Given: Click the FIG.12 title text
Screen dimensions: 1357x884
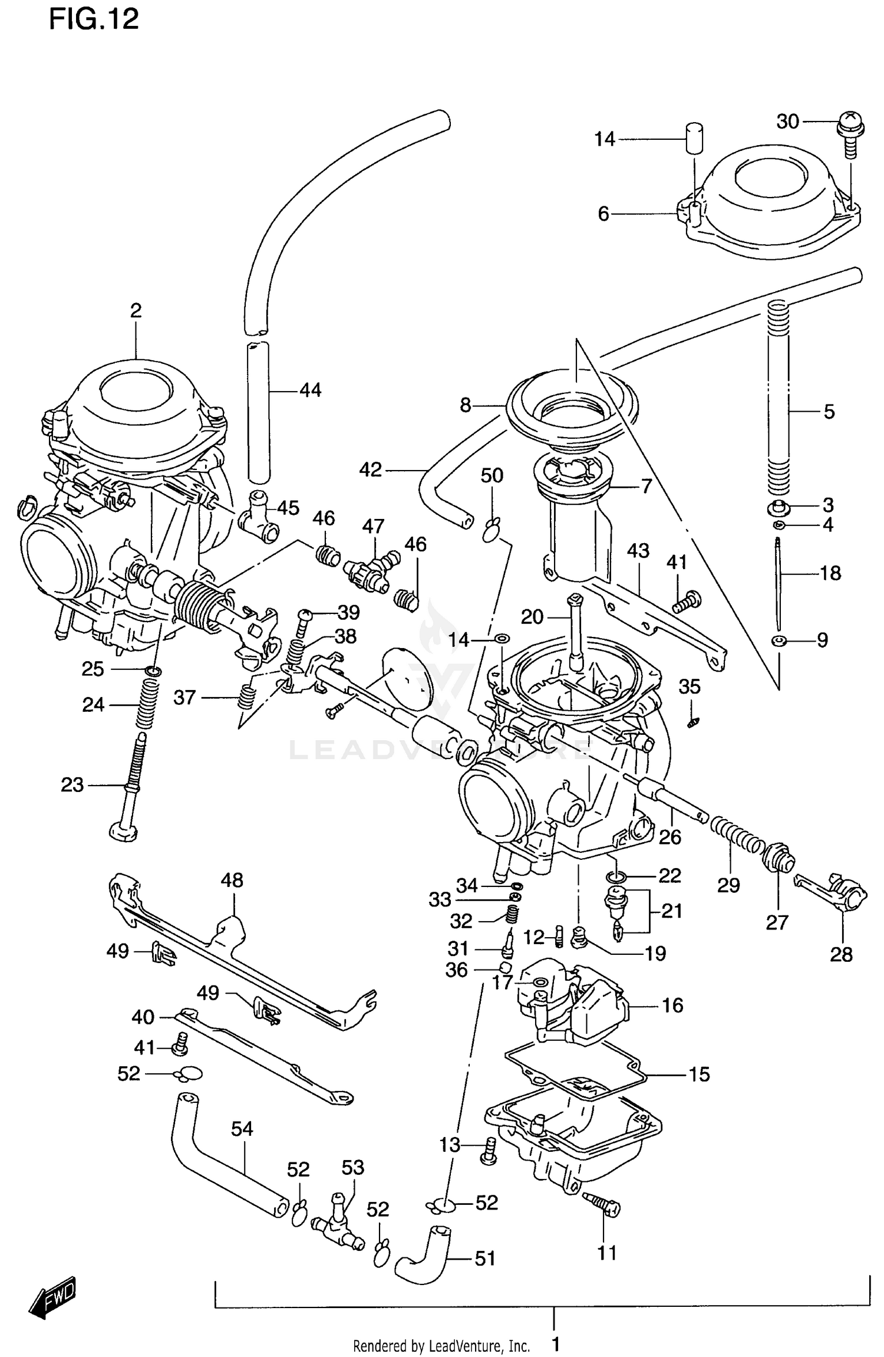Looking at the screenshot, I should point(93,19).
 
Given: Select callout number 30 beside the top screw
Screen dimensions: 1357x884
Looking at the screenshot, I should point(787,121).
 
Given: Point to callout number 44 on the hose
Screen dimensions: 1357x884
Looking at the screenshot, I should point(310,390).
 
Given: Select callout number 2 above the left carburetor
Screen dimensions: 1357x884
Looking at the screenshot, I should point(136,310).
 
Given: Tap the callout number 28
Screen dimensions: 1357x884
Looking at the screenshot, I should point(841,954).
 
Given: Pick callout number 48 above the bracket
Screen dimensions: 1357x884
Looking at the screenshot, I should point(232,880).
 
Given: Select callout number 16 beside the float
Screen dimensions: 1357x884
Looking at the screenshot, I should point(672,1005).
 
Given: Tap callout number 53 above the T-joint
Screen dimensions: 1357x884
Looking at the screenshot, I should point(352,1167).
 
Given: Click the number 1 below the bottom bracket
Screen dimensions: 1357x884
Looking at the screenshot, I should point(555,1340).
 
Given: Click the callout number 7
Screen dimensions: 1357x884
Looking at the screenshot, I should point(646,486).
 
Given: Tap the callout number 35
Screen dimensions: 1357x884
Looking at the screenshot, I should point(690,686).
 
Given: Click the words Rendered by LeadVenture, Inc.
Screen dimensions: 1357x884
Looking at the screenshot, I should point(441,1341).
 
